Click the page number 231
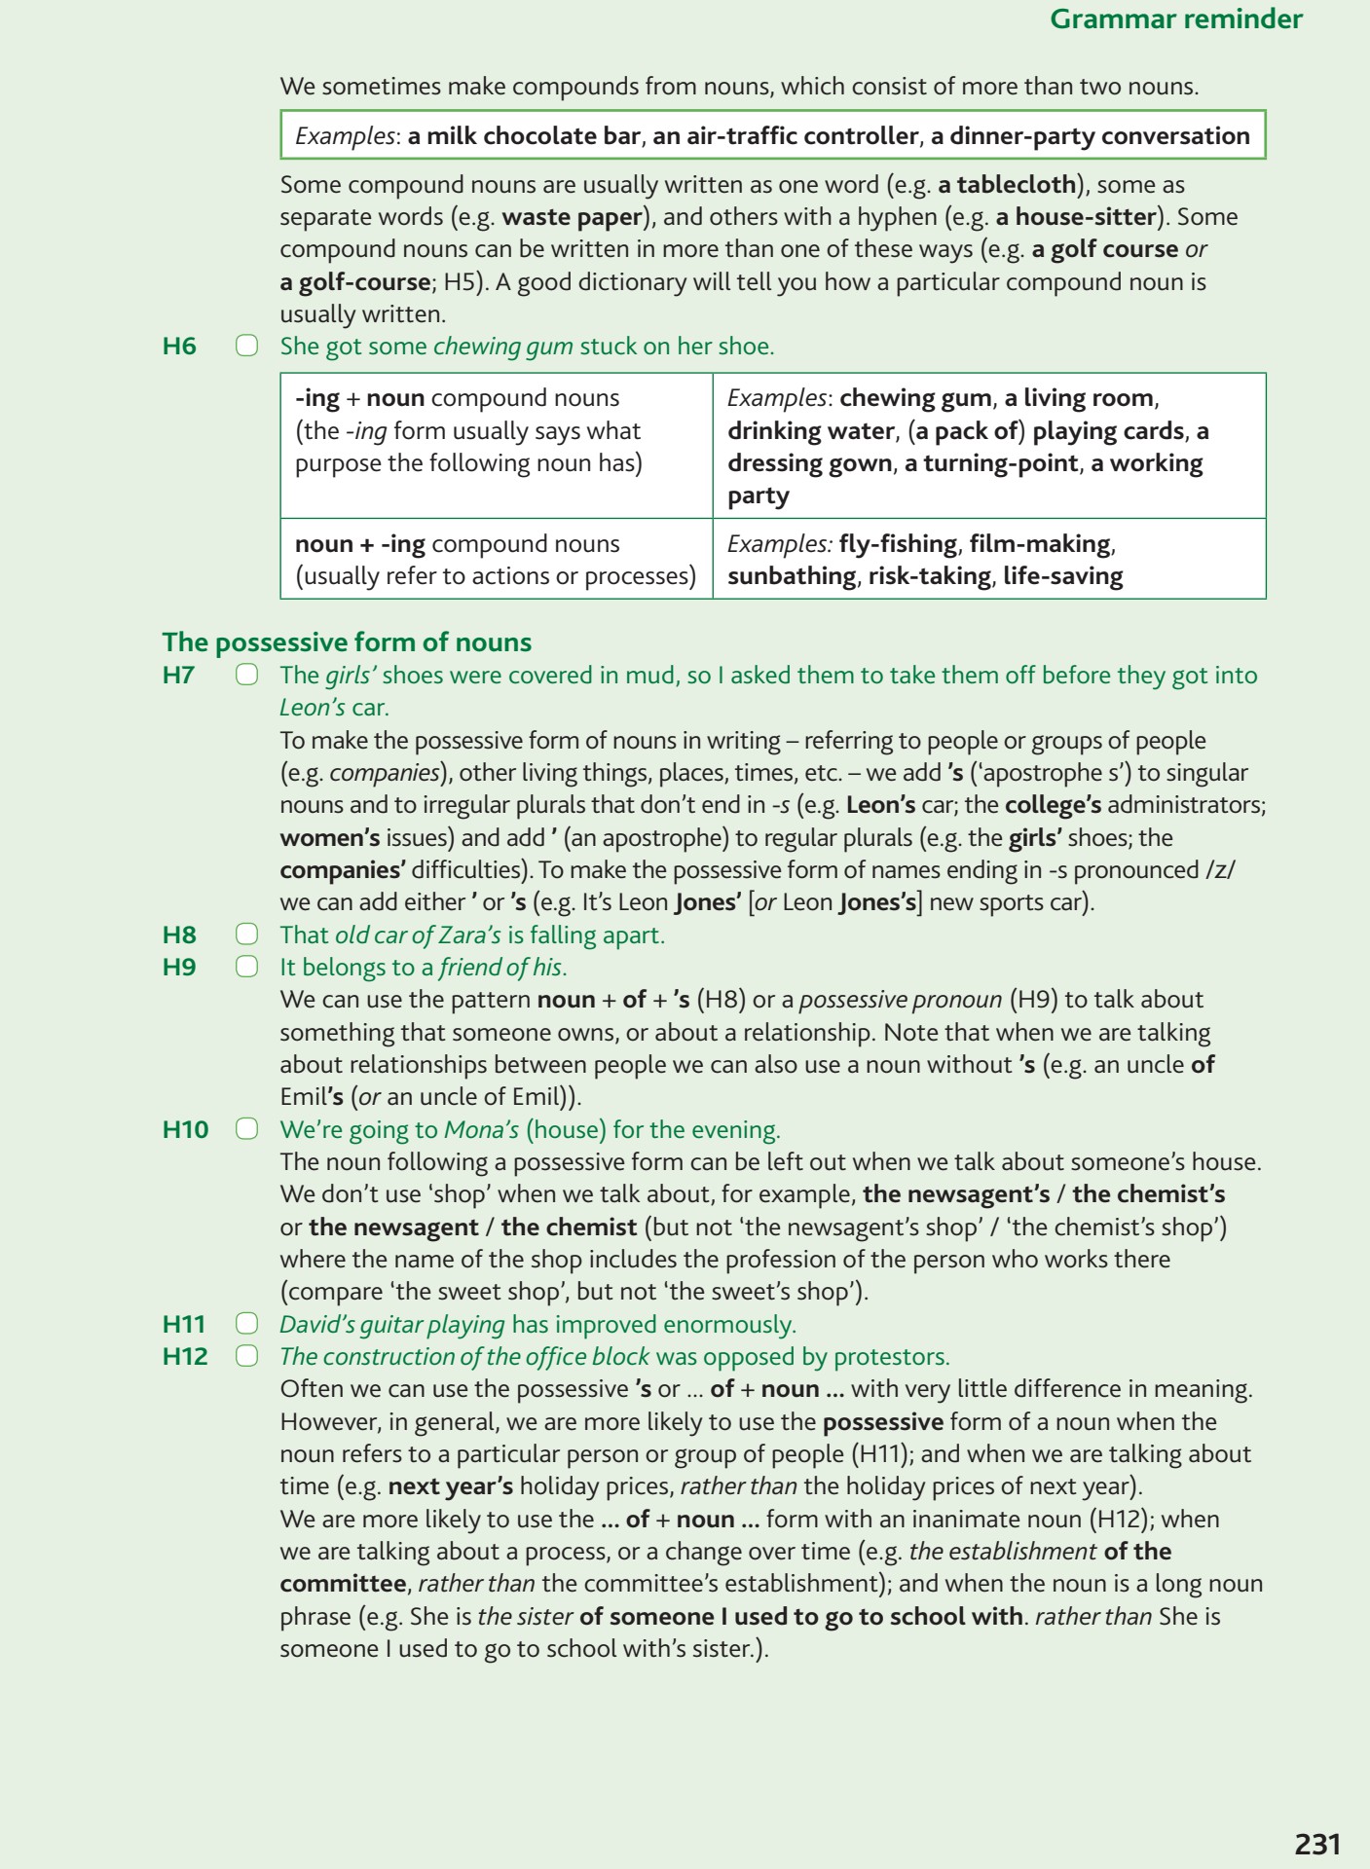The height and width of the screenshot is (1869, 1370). (1316, 1844)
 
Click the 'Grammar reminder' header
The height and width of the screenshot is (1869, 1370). (1175, 19)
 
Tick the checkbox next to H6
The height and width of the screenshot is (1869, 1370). (246, 346)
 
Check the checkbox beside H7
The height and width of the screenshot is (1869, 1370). (246, 675)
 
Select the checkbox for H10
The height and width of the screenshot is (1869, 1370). (246, 1129)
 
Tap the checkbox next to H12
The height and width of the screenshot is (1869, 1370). (246, 1356)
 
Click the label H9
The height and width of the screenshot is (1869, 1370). (179, 967)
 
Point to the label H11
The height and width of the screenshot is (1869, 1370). (184, 1324)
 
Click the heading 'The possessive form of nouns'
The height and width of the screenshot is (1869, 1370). (347, 642)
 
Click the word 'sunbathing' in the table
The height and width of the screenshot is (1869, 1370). (792, 576)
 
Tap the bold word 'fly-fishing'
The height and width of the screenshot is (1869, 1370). (898, 543)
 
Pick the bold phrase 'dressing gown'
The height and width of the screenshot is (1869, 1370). (809, 463)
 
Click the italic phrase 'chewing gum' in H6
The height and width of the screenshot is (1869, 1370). (502, 346)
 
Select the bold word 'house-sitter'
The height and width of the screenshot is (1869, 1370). (1085, 216)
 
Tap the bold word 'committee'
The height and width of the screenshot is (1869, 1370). (342, 1584)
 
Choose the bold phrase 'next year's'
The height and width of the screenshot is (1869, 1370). (450, 1486)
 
